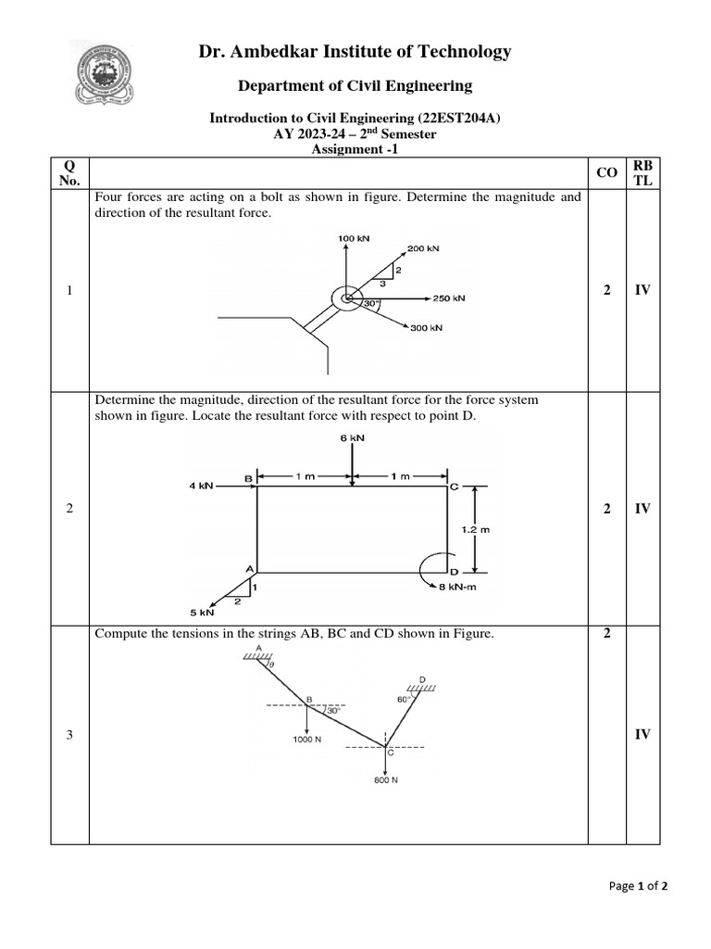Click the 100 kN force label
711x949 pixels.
pos(354,239)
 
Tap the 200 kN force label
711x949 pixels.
pos(423,248)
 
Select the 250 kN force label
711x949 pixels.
pos(449,298)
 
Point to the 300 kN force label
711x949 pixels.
pos(427,328)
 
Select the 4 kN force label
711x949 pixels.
pos(201,486)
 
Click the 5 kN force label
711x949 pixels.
pos(202,613)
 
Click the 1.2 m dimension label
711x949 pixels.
pos(475,529)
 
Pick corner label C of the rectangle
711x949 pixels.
pos(454,487)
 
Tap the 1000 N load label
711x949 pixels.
pos(307,739)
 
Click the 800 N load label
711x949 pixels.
pos(386,780)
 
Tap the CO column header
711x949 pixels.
pos(608,172)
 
